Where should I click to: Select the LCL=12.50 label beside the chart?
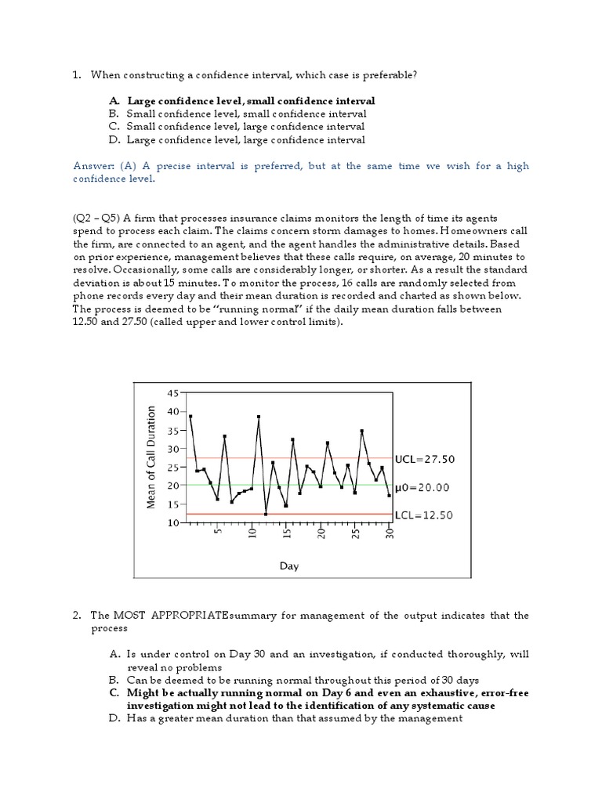point(424,515)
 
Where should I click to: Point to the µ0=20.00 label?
point(421,487)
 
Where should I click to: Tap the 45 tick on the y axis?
point(173,393)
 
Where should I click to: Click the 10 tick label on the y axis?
point(173,522)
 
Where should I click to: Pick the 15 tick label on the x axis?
point(287,533)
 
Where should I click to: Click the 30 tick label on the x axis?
point(390,533)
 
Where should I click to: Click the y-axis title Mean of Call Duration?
point(152,457)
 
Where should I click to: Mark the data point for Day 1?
point(190,417)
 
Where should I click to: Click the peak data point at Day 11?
point(259,417)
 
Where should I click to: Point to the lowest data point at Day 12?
point(266,514)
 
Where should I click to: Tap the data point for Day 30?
point(389,495)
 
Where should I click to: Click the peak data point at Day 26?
point(361,431)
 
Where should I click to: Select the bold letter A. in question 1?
point(114,101)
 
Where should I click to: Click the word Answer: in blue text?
point(93,166)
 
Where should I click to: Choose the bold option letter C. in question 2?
point(114,693)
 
